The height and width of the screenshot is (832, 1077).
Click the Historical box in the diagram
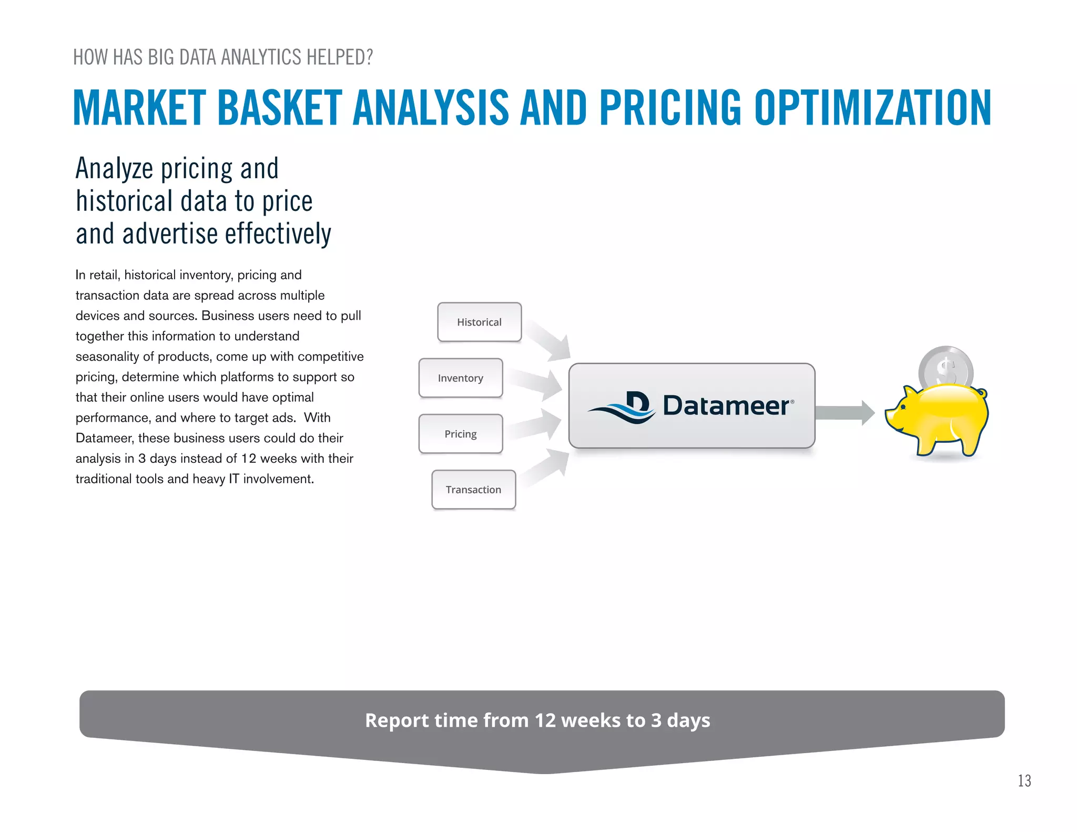coord(479,322)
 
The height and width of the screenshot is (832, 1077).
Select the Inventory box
coord(460,378)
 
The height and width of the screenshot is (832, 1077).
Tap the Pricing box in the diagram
coord(460,434)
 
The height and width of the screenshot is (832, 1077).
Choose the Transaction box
coord(473,490)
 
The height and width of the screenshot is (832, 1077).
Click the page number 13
coord(1024,781)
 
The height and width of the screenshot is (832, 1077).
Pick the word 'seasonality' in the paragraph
coord(107,357)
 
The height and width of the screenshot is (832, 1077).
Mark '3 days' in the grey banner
coord(680,720)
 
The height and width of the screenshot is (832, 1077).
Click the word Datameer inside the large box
coord(726,405)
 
